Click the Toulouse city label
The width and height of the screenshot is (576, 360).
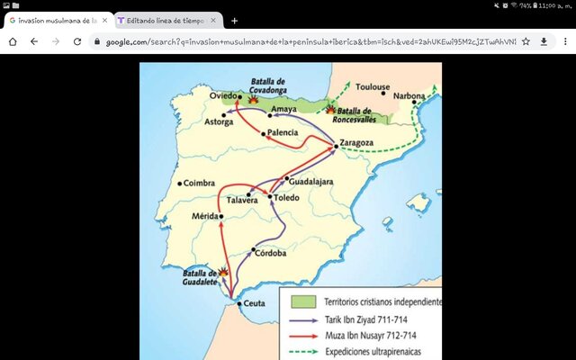pyautogui.click(x=373, y=88)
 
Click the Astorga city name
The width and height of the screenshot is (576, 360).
pyautogui.click(x=219, y=122)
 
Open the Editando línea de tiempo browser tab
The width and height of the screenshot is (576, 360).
pyautogui.click(x=164, y=20)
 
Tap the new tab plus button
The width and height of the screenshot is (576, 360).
pyautogui.click(x=235, y=20)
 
